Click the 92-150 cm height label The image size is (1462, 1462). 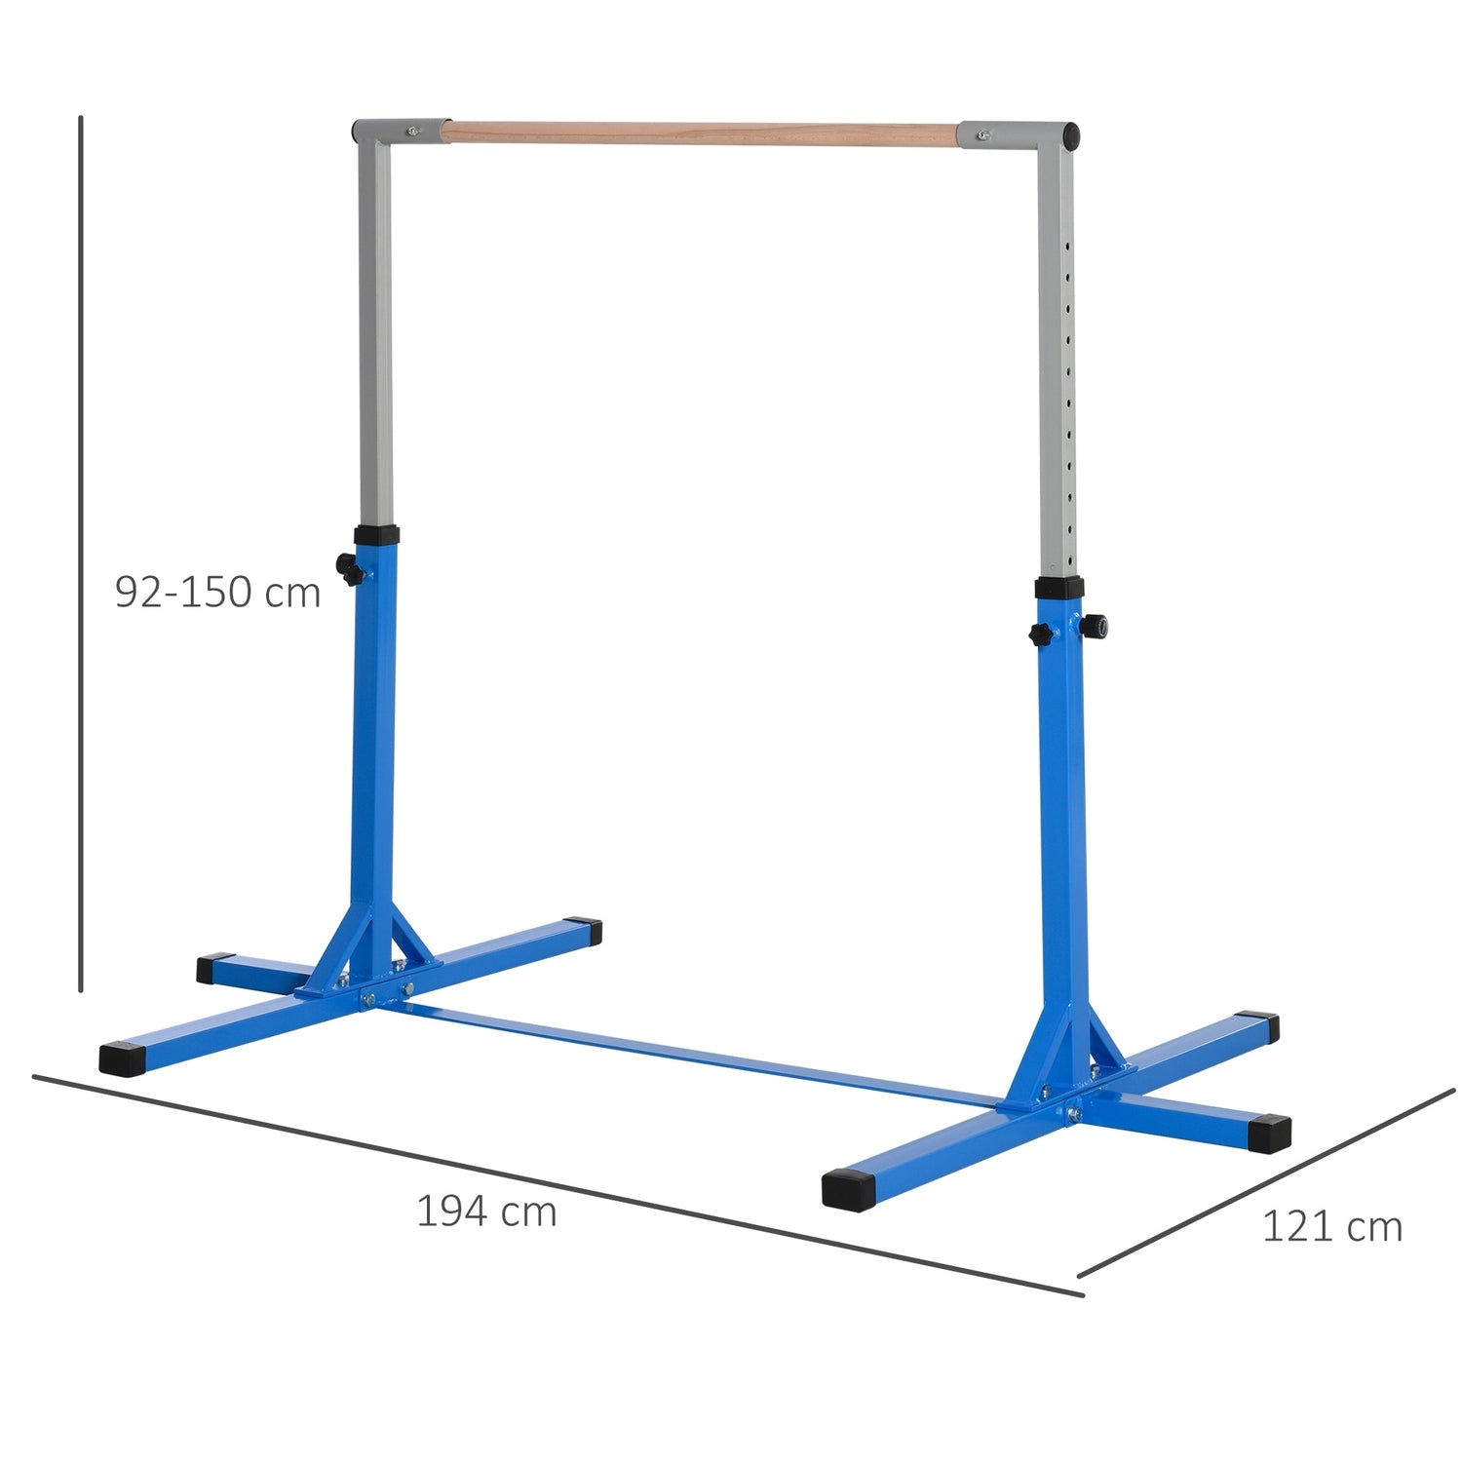[217, 592]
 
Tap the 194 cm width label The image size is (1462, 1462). [486, 1212]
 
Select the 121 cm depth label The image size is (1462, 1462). [1331, 1226]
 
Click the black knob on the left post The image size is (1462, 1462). [348, 568]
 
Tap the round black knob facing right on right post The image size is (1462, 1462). [1096, 625]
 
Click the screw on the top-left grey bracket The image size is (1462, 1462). [414, 129]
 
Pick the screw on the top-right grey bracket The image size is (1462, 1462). [985, 135]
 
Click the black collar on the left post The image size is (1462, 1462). [376, 535]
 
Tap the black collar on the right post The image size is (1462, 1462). [1059, 588]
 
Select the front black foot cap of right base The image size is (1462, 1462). [846, 1189]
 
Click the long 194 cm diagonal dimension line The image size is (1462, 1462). [556, 1184]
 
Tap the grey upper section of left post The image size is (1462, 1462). [375, 331]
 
